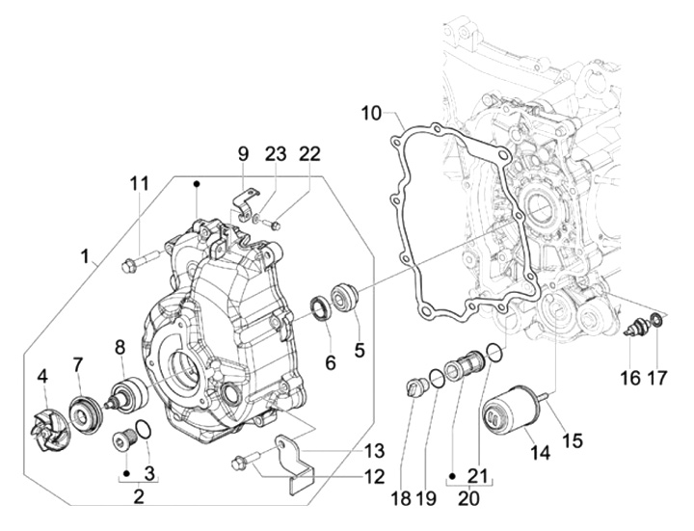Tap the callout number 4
[42, 375]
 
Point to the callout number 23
[277, 153]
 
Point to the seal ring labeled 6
[320, 308]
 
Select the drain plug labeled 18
[415, 389]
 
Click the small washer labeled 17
[656, 320]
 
